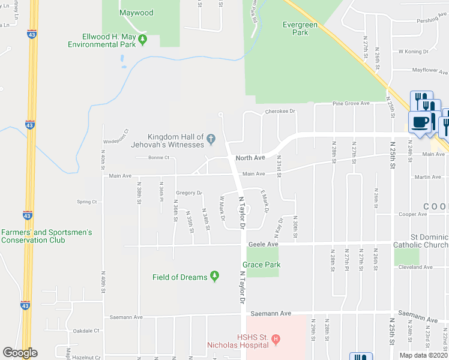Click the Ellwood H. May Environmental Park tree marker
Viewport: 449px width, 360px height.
(143, 40)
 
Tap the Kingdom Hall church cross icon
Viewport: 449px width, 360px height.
(211, 140)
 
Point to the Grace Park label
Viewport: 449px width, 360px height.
(261, 265)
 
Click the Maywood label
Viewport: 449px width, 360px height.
(136, 13)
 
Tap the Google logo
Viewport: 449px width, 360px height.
(20, 353)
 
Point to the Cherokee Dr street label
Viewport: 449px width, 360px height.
(280, 111)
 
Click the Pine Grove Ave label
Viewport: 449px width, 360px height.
(351, 104)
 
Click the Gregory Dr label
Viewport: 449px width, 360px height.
(188, 193)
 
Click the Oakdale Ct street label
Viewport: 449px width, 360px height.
(86, 331)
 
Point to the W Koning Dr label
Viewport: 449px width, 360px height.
(412, 52)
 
